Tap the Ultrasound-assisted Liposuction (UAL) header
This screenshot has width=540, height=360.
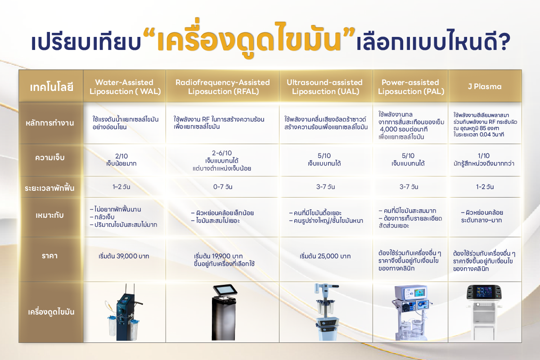coord(324,87)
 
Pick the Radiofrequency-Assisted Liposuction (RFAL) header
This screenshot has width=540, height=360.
coord(222,87)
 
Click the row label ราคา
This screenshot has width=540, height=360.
coord(51,256)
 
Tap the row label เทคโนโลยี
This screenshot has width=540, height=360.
coord(51,86)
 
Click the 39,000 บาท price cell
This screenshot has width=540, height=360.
coord(124,256)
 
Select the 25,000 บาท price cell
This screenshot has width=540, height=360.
coord(325,256)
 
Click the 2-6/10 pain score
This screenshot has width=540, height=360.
coord(222,153)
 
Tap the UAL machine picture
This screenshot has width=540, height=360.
coord(324,312)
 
